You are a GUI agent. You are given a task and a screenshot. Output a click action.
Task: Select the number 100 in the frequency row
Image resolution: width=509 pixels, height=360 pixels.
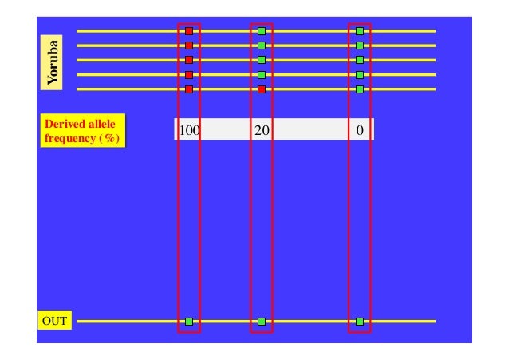click(x=188, y=130)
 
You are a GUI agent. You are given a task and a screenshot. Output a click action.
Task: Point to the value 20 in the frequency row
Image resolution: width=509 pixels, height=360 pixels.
click(x=261, y=130)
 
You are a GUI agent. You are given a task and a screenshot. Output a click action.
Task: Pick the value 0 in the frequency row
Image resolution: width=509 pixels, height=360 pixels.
click(x=360, y=130)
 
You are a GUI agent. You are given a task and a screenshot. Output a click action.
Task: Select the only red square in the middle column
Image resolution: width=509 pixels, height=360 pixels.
click(x=262, y=89)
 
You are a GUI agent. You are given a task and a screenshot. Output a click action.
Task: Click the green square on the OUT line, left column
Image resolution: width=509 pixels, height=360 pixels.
click(x=189, y=322)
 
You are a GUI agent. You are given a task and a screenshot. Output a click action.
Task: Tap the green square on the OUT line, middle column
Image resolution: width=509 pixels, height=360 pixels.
click(x=262, y=322)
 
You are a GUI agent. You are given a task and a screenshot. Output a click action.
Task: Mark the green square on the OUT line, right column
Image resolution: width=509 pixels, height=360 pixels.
click(x=360, y=322)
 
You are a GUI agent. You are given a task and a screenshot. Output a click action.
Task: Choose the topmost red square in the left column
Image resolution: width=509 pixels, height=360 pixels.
click(x=189, y=31)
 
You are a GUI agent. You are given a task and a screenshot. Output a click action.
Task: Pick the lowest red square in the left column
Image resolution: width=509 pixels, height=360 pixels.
click(x=189, y=89)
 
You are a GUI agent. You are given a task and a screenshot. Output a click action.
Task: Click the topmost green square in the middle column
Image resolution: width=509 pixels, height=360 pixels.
click(x=262, y=31)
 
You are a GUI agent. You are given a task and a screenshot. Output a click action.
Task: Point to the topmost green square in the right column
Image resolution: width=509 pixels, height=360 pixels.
click(x=360, y=31)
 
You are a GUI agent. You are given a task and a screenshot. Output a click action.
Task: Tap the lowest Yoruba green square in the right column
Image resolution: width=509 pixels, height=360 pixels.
click(x=360, y=89)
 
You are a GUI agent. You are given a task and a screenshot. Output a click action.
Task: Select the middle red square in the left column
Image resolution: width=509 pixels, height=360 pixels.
click(x=189, y=60)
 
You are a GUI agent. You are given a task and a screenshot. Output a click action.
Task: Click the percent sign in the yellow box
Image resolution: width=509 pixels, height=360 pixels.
click(x=111, y=138)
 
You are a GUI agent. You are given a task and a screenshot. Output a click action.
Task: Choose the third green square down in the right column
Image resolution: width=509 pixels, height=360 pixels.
click(x=360, y=60)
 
